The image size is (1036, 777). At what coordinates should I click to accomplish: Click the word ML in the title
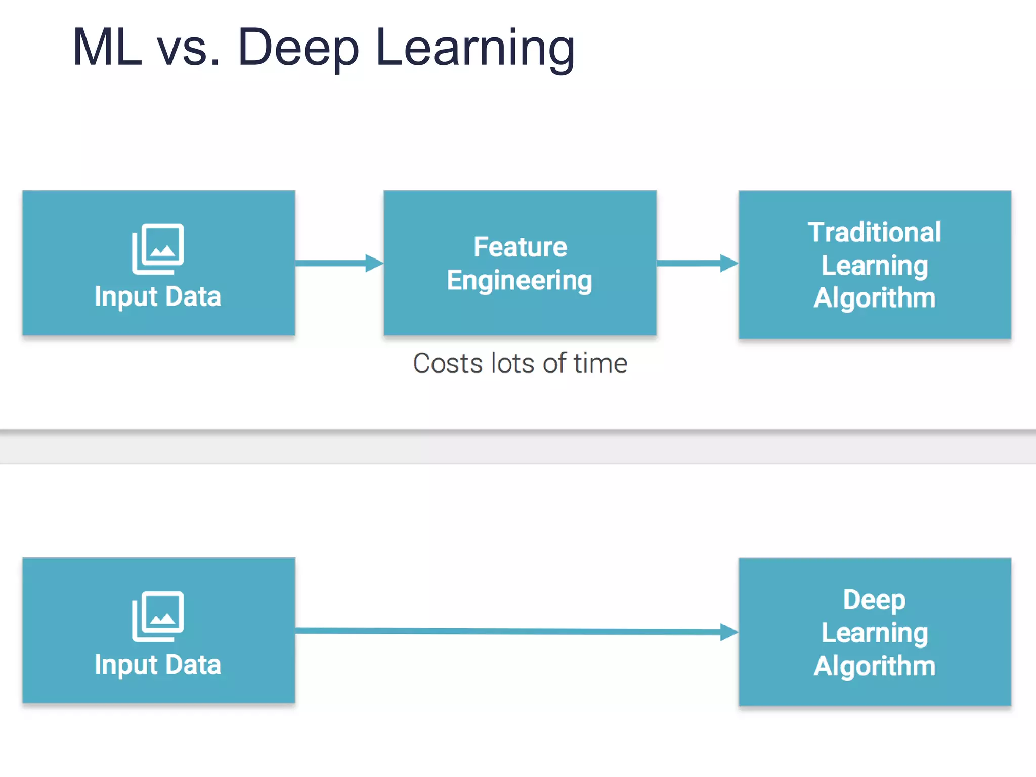point(107,48)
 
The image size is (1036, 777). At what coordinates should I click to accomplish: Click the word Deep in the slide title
point(298,49)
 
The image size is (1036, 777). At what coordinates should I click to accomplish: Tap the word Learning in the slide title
point(476,49)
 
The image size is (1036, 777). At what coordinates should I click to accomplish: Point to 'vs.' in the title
point(189,49)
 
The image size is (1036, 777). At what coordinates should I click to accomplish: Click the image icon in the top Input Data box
point(158,248)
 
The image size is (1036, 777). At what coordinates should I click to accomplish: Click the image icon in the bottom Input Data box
point(158,616)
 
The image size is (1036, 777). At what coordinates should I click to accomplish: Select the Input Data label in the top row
point(158,296)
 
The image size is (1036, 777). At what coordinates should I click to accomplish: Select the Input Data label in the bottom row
point(158,664)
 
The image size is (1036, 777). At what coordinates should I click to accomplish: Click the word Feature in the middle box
point(520,247)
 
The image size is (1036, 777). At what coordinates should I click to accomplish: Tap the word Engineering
point(520,281)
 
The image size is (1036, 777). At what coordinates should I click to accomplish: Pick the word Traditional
point(874,232)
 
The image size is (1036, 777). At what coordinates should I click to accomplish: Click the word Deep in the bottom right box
point(874,600)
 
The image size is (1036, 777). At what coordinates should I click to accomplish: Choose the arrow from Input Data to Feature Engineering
point(339,263)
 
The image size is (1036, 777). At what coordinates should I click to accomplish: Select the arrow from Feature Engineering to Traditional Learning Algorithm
point(697,263)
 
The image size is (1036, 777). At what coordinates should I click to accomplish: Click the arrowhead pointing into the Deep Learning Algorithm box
point(728,632)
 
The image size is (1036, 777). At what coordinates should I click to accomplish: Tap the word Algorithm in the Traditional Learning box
point(875,298)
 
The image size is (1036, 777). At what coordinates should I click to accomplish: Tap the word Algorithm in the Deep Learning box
point(875,666)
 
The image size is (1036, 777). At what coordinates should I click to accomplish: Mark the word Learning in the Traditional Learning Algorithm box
point(875,266)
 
